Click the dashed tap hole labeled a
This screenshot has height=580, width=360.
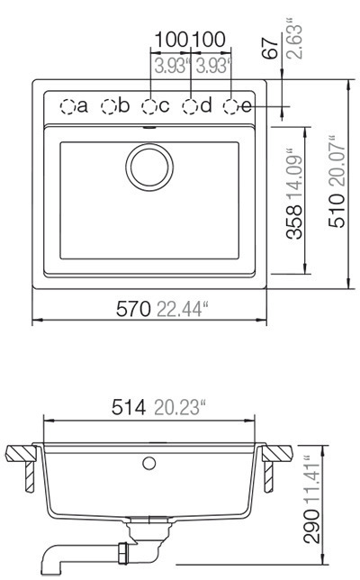tap(67, 106)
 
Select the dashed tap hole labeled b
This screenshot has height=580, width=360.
tap(109, 106)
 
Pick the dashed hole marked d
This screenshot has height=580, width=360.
tap(191, 106)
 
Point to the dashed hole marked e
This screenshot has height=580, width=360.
tap(231, 106)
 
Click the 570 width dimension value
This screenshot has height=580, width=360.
tap(133, 310)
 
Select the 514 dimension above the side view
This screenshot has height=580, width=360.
tap(127, 408)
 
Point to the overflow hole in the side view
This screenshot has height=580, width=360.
tap(149, 463)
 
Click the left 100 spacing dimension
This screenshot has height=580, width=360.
tap(169, 40)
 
